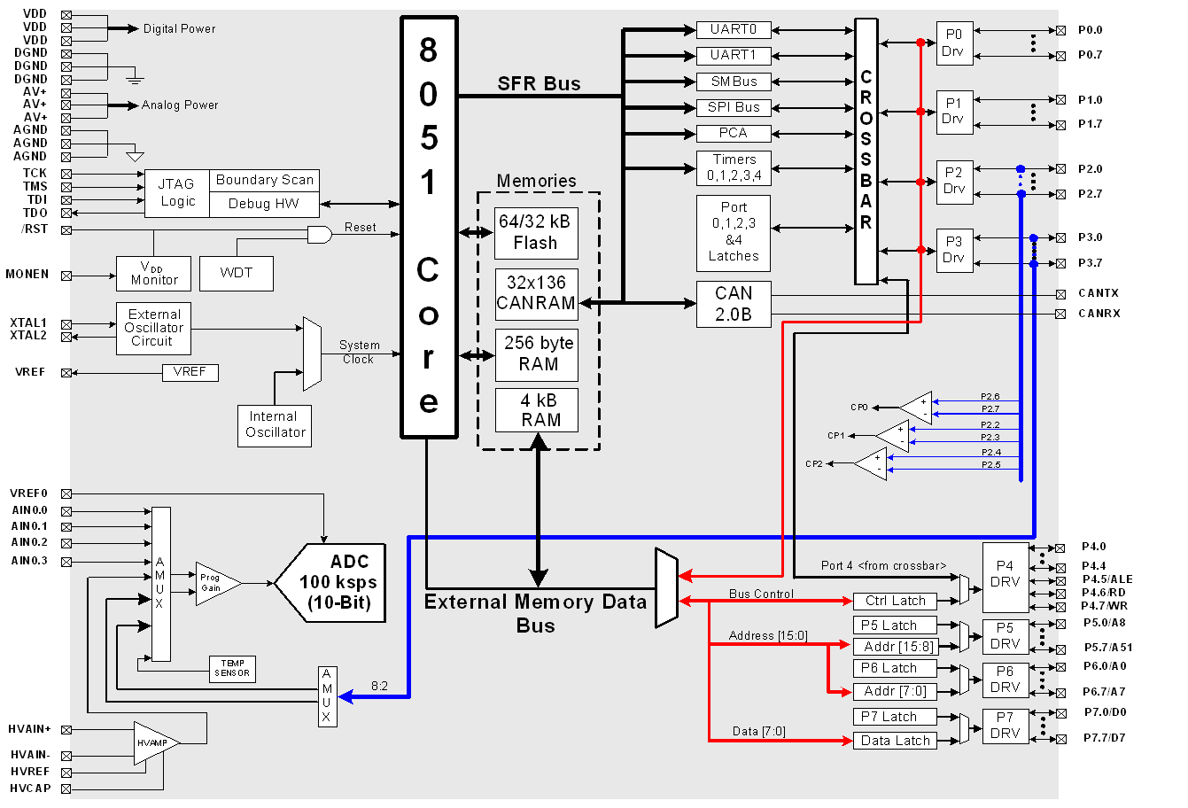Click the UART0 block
[734, 30]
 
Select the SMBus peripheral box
[734, 82]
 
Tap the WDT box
[236, 273]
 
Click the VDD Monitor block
[153, 274]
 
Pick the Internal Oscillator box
[275, 425]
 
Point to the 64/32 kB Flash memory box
[536, 233]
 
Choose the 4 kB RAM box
[536, 410]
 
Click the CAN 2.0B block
[734, 303]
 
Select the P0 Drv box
[954, 43]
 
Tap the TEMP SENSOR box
[232, 668]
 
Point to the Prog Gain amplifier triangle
[214, 583]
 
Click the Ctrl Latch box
[895, 601]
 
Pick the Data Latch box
[895, 741]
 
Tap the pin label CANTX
[1099, 293]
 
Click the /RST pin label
[35, 229]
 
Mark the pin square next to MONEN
[66, 276]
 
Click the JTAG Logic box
[176, 193]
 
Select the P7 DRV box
[1006, 726]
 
